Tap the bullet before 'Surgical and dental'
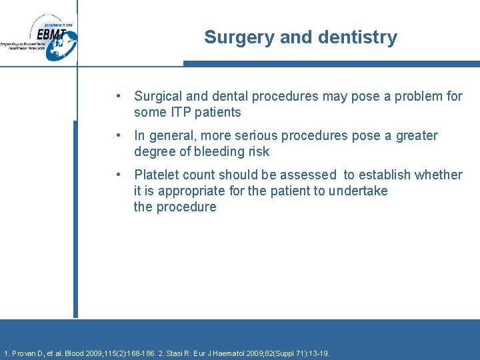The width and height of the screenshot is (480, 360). pyautogui.click(x=117, y=96)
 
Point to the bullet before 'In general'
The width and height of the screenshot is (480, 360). pyautogui.click(x=117, y=135)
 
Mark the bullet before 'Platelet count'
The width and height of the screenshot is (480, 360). pyautogui.click(x=117, y=175)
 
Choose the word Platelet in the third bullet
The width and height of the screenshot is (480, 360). pyautogui.click(x=157, y=175)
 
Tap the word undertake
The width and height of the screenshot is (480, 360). pyautogui.click(x=355, y=191)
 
